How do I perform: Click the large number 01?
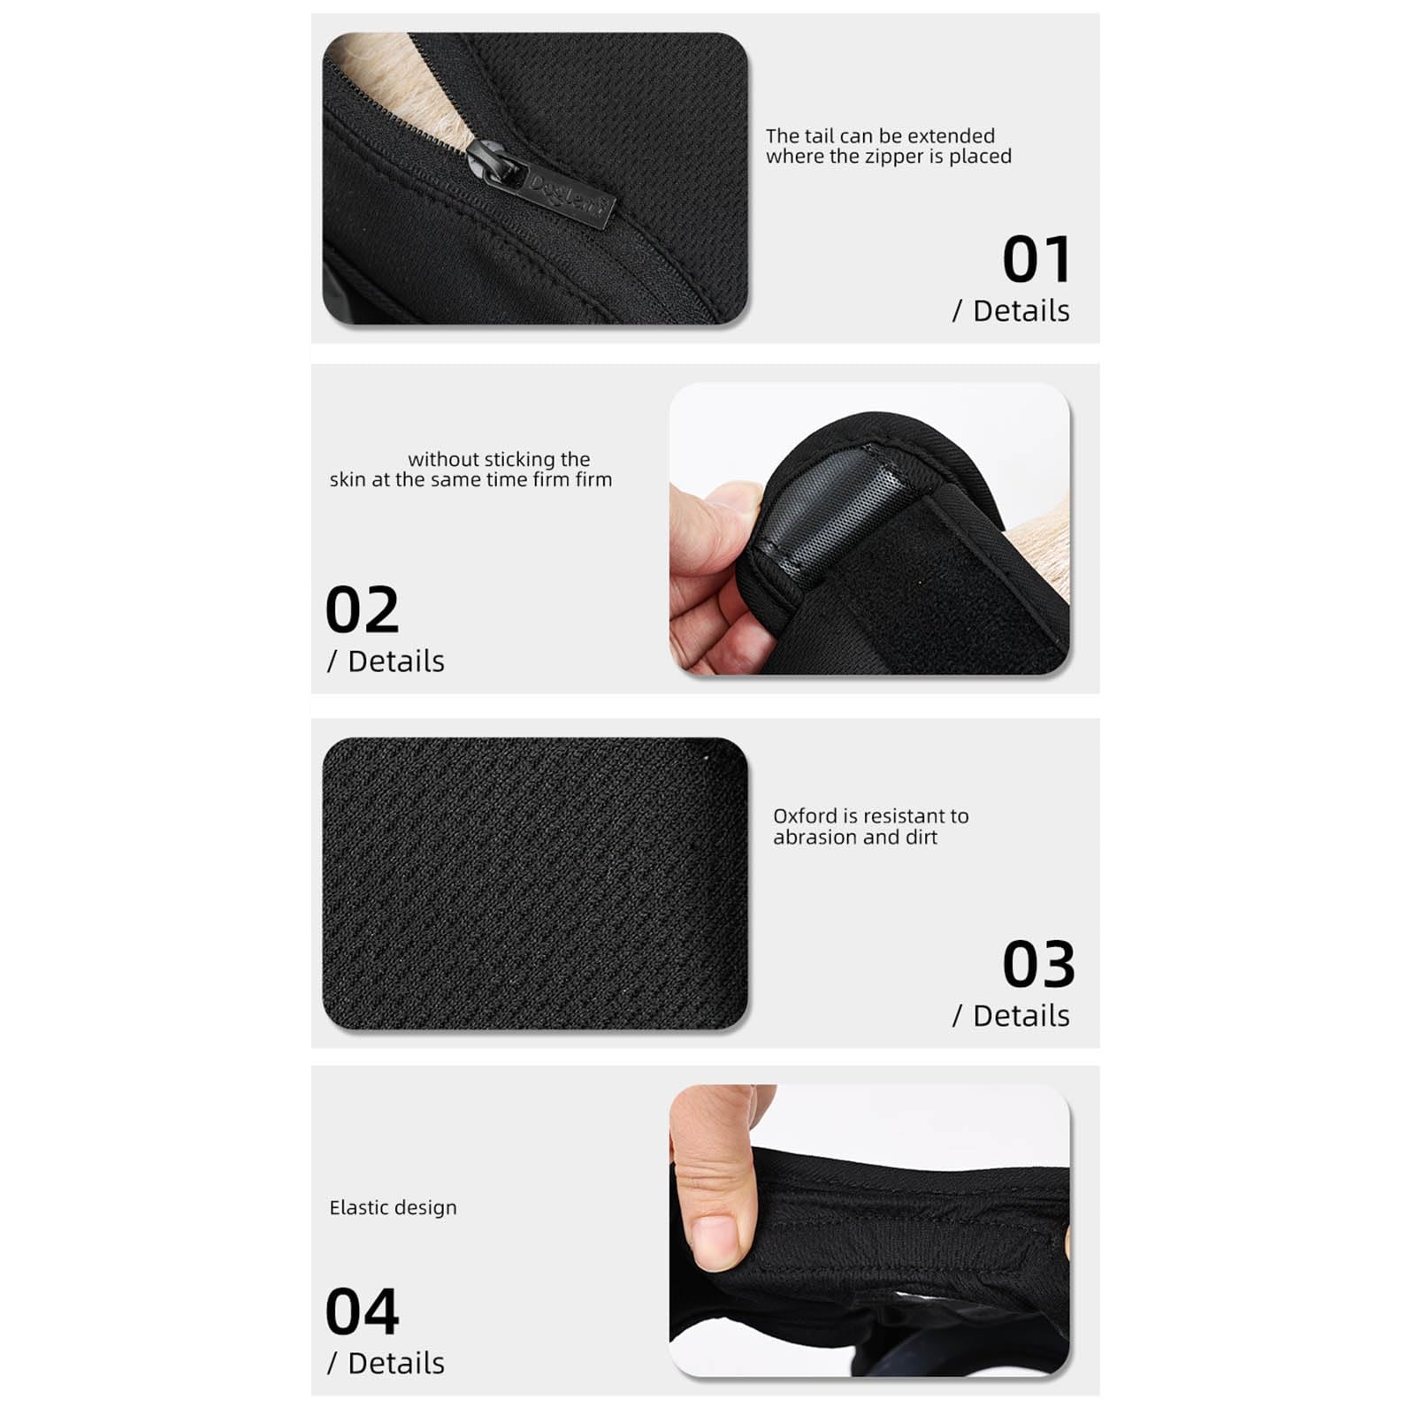1036,259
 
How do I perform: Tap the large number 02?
363,609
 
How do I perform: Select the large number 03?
1038,964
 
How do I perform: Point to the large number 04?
363,1312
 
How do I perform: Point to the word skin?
348,479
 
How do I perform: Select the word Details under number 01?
1021,311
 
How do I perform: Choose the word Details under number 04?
396,1364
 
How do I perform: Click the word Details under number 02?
396,662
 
